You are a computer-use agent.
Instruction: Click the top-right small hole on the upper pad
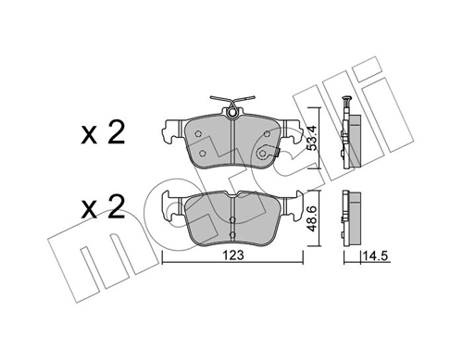[268, 132]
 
